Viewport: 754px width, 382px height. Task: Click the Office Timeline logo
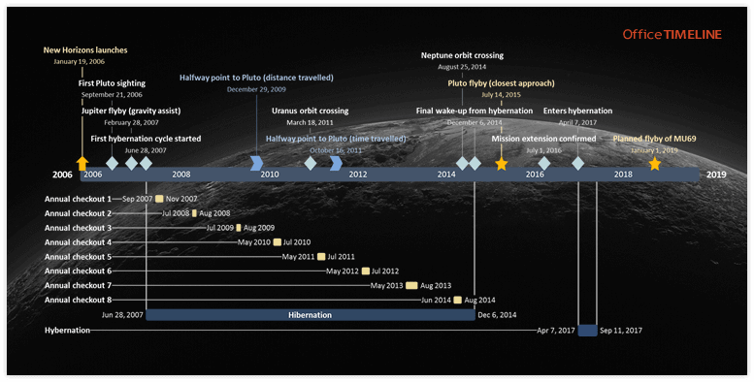tap(672, 34)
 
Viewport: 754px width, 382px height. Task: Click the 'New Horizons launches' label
tap(85, 49)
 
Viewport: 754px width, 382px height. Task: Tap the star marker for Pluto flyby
tap(501, 164)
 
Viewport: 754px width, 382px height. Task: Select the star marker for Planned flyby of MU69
tap(655, 164)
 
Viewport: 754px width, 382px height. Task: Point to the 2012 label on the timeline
tap(358, 175)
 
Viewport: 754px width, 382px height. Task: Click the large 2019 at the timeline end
tap(716, 175)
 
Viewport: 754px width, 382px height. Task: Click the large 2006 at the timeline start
tap(62, 175)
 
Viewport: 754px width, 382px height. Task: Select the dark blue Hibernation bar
tap(311, 315)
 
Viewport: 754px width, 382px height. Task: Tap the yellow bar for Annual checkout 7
tap(411, 286)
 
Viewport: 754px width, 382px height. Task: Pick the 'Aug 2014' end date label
tap(480, 301)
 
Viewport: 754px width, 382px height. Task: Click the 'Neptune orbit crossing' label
tap(462, 55)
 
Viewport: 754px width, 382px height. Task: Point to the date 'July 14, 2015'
tap(501, 95)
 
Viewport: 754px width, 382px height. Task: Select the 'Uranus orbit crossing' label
tap(310, 111)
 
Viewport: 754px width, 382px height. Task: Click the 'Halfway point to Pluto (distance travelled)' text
tap(256, 77)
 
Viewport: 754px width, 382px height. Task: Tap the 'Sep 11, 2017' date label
tap(623, 331)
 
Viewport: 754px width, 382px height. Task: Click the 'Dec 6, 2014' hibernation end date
tap(498, 315)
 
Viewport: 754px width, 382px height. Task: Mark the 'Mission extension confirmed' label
tap(543, 139)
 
